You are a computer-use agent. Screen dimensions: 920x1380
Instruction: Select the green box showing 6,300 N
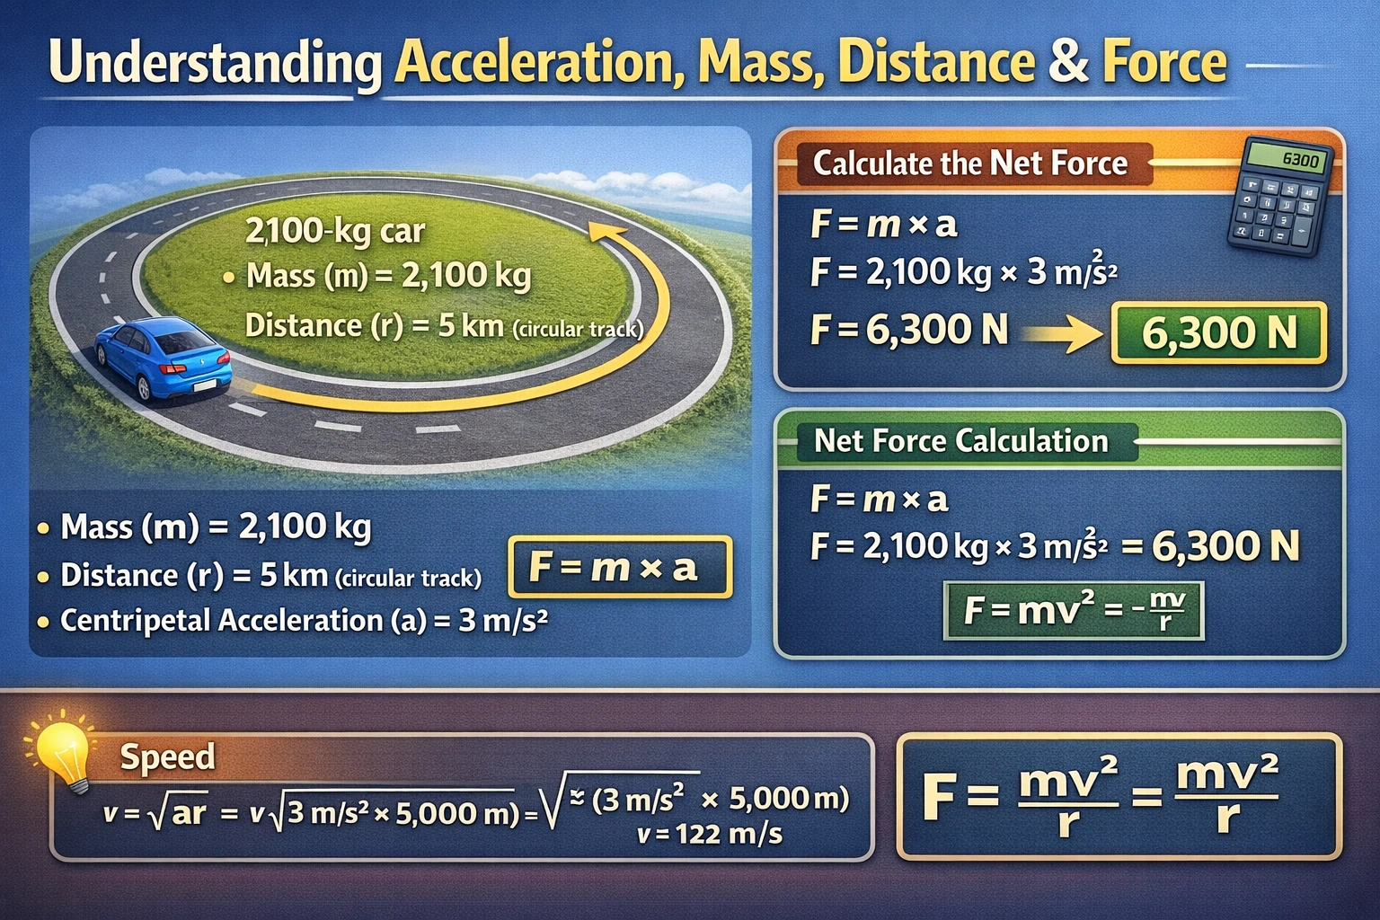point(1218,333)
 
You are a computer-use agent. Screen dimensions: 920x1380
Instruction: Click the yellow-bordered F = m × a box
point(620,567)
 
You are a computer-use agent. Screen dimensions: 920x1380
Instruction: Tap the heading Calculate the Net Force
point(969,164)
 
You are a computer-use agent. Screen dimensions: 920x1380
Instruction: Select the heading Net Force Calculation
point(960,440)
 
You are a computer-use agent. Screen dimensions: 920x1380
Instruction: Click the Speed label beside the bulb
point(168,756)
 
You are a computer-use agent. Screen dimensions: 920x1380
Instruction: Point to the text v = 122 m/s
point(709,835)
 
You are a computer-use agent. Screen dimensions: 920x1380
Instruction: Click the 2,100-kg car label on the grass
point(335,231)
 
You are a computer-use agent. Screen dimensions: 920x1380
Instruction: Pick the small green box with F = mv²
point(1073,611)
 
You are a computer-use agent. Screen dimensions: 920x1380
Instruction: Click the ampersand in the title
point(1067,62)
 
